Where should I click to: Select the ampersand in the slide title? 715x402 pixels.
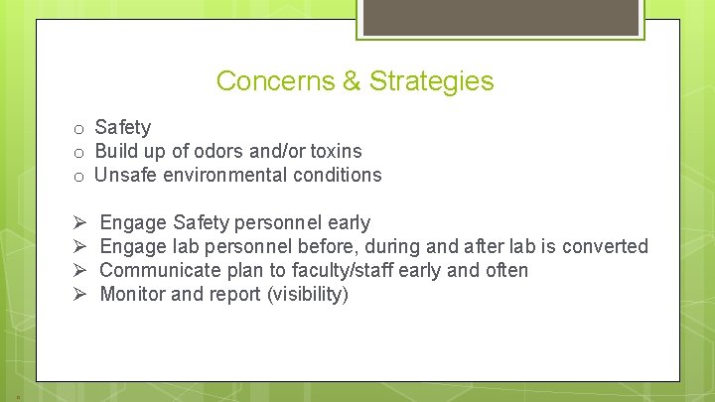pyautogui.click(x=353, y=81)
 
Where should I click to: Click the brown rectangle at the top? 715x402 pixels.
pyautogui.click(x=500, y=17)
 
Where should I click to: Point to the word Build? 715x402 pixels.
pyautogui.click(x=116, y=151)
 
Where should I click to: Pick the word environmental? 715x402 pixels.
pyautogui.click(x=225, y=175)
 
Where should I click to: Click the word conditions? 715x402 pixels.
pyautogui.click(x=340, y=175)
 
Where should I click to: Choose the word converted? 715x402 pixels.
pyautogui.click(x=608, y=246)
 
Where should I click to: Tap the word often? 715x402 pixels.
pyautogui.click(x=504, y=270)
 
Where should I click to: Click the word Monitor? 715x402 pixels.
pyautogui.click(x=133, y=294)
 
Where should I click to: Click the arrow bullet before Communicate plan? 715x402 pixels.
pyautogui.click(x=79, y=270)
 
